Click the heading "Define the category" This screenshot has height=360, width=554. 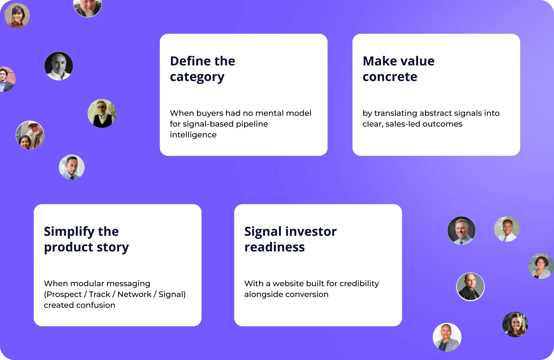203,69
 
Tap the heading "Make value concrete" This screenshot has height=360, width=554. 399,69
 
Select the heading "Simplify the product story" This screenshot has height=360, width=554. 86,239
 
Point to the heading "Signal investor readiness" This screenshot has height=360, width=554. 291,239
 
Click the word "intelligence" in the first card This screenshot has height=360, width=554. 193,135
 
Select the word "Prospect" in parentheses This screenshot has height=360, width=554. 64,294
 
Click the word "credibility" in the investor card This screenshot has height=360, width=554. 359,283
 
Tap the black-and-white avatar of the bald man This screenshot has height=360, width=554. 59,66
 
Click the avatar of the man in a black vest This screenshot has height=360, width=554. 102,113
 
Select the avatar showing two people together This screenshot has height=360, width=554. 30,135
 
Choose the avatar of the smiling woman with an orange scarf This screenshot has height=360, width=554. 17,16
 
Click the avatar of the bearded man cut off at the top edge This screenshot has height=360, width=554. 88,7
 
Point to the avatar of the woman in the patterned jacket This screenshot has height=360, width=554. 447,337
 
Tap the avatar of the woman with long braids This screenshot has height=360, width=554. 515,324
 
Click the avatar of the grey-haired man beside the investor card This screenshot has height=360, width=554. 462,230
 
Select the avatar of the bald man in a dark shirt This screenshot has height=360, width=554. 471,287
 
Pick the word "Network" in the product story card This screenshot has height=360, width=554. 134,294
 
